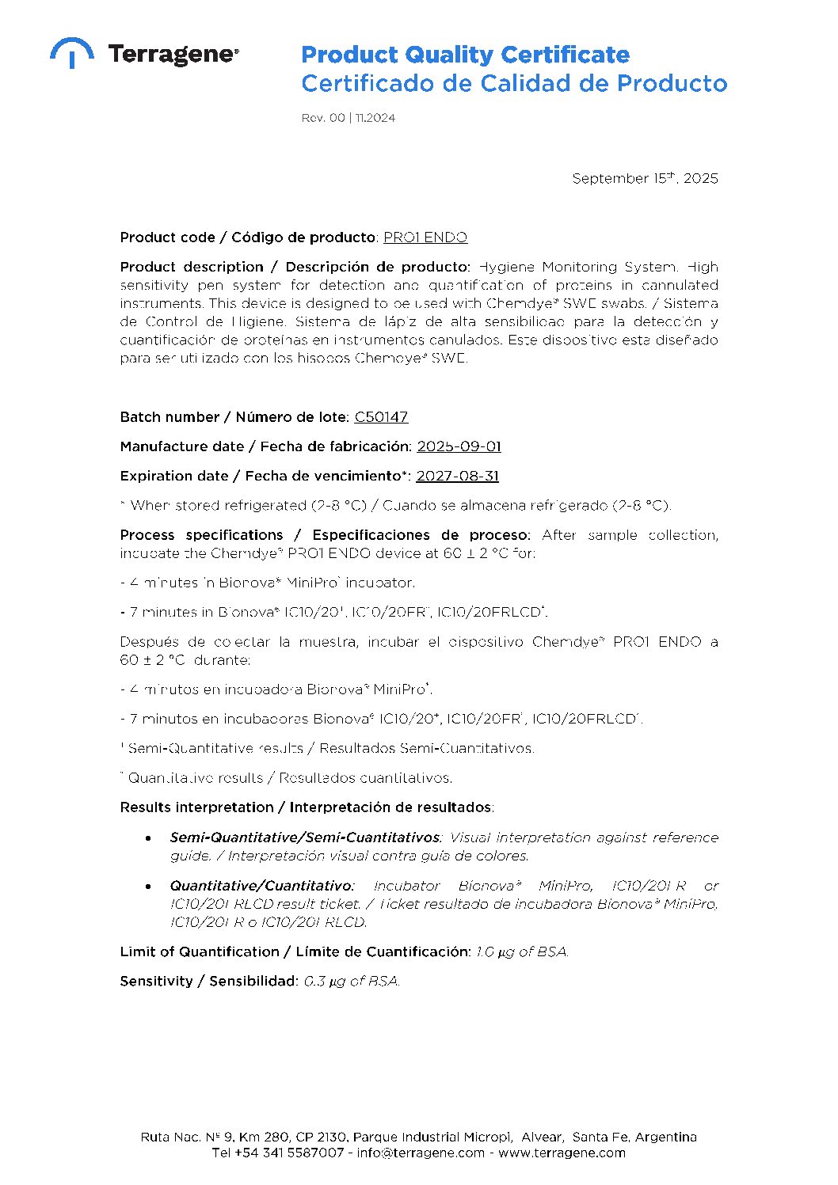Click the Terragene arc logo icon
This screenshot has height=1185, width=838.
(72, 52)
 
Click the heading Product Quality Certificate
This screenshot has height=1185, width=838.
(465, 55)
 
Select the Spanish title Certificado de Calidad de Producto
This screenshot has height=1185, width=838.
(514, 83)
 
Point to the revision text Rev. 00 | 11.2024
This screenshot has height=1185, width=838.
(348, 118)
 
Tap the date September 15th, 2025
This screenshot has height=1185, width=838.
(645, 178)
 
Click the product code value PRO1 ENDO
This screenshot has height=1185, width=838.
(425, 237)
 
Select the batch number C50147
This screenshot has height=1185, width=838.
(381, 417)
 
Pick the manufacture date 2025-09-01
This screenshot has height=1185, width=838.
(459, 446)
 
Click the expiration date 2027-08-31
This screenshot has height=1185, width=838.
(457, 476)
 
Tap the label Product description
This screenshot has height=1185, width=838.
(192, 267)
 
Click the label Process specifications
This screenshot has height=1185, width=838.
(201, 535)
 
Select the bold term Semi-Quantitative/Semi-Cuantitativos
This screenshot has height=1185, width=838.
(305, 837)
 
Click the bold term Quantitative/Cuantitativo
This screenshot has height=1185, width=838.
(261, 886)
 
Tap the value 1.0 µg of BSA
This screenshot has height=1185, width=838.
(522, 951)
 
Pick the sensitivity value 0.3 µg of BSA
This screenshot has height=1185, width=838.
(352, 981)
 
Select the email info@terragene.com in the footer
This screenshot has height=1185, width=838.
(421, 1153)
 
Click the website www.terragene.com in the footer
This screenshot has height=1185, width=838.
(562, 1153)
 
